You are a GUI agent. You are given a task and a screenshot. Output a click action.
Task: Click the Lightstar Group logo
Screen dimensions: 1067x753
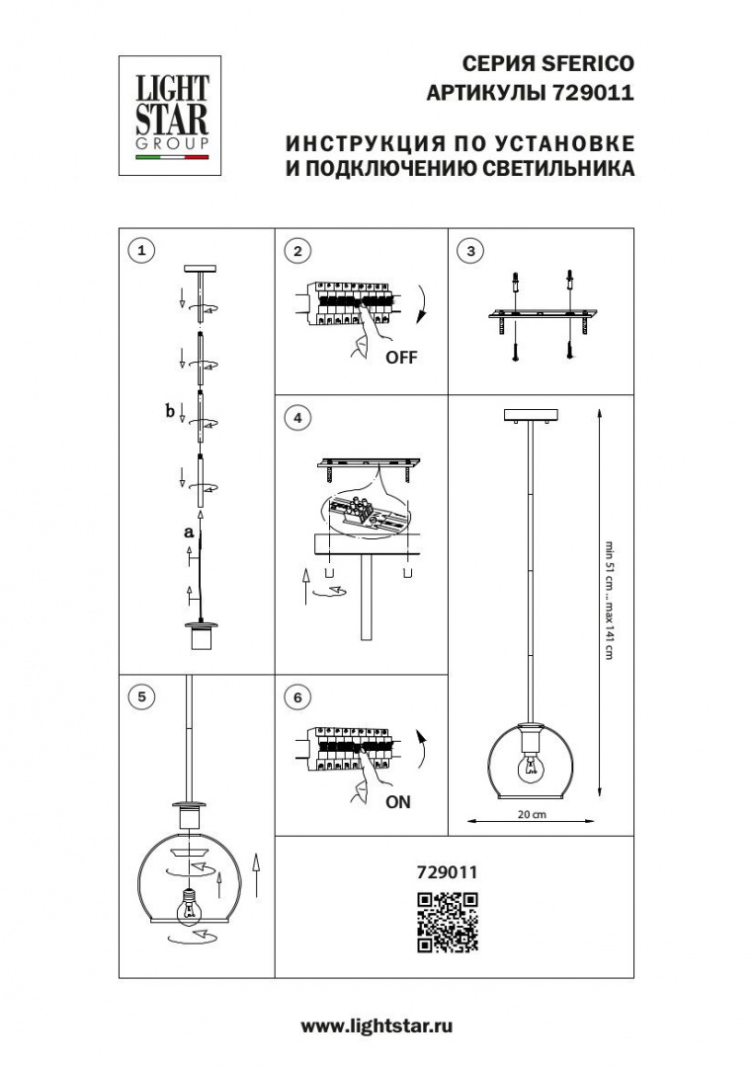tap(169, 116)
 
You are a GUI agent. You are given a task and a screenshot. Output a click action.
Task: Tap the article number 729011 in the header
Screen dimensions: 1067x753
tap(597, 94)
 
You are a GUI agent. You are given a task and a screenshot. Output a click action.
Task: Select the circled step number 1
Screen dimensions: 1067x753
tap(143, 251)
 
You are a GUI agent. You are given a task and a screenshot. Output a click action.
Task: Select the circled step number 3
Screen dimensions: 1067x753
tap(471, 251)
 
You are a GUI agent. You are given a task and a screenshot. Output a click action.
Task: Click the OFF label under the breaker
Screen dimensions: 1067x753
tap(401, 358)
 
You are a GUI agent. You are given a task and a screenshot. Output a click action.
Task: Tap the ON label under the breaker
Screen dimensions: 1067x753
tap(398, 802)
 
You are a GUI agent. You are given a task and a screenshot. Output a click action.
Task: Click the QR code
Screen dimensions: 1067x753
tap(447, 922)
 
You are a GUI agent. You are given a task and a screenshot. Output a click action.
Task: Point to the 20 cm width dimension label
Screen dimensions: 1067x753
tap(532, 815)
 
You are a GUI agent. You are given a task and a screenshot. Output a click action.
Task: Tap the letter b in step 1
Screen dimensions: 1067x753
tap(170, 410)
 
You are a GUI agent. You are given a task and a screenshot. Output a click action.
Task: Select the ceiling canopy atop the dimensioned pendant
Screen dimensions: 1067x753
tap(531, 414)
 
